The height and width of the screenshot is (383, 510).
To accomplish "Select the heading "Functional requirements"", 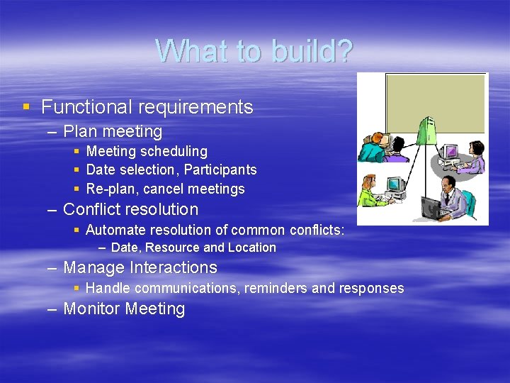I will click(x=147, y=107).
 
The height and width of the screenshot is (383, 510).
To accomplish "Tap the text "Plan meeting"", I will click(x=113, y=131).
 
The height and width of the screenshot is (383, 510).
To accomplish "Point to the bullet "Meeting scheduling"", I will click(x=147, y=151).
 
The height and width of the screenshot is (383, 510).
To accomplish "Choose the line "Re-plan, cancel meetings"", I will click(x=165, y=189).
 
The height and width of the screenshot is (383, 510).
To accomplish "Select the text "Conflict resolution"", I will click(x=130, y=209).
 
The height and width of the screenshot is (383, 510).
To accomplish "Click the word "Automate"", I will click(x=113, y=230).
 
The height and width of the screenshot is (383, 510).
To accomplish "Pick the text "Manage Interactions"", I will click(x=140, y=267).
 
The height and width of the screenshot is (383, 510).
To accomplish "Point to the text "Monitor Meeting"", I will click(x=124, y=309).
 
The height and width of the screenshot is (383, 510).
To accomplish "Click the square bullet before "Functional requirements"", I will click(x=26, y=107).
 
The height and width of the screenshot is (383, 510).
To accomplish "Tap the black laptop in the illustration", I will click(x=432, y=208).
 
